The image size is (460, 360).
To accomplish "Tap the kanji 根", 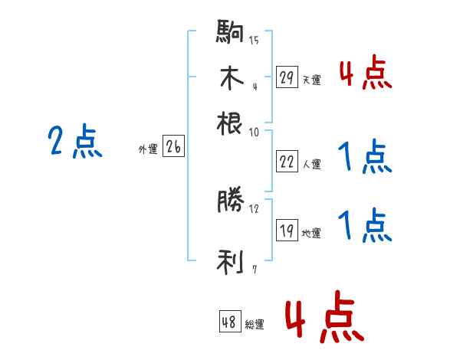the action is click(230, 122).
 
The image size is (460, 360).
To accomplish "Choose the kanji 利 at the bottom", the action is click(230, 263).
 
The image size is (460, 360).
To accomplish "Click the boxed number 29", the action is click(287, 77).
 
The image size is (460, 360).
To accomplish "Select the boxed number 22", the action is click(287, 162).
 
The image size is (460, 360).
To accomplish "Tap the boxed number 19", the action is click(287, 231).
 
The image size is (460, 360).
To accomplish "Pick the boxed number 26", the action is click(173, 148).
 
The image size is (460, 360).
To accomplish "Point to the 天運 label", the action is click(311, 80).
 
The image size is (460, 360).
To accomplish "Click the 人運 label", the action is click(312, 164).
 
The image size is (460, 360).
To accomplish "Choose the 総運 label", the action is click(255, 325).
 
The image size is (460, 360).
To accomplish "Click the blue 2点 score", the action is click(74, 142).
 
